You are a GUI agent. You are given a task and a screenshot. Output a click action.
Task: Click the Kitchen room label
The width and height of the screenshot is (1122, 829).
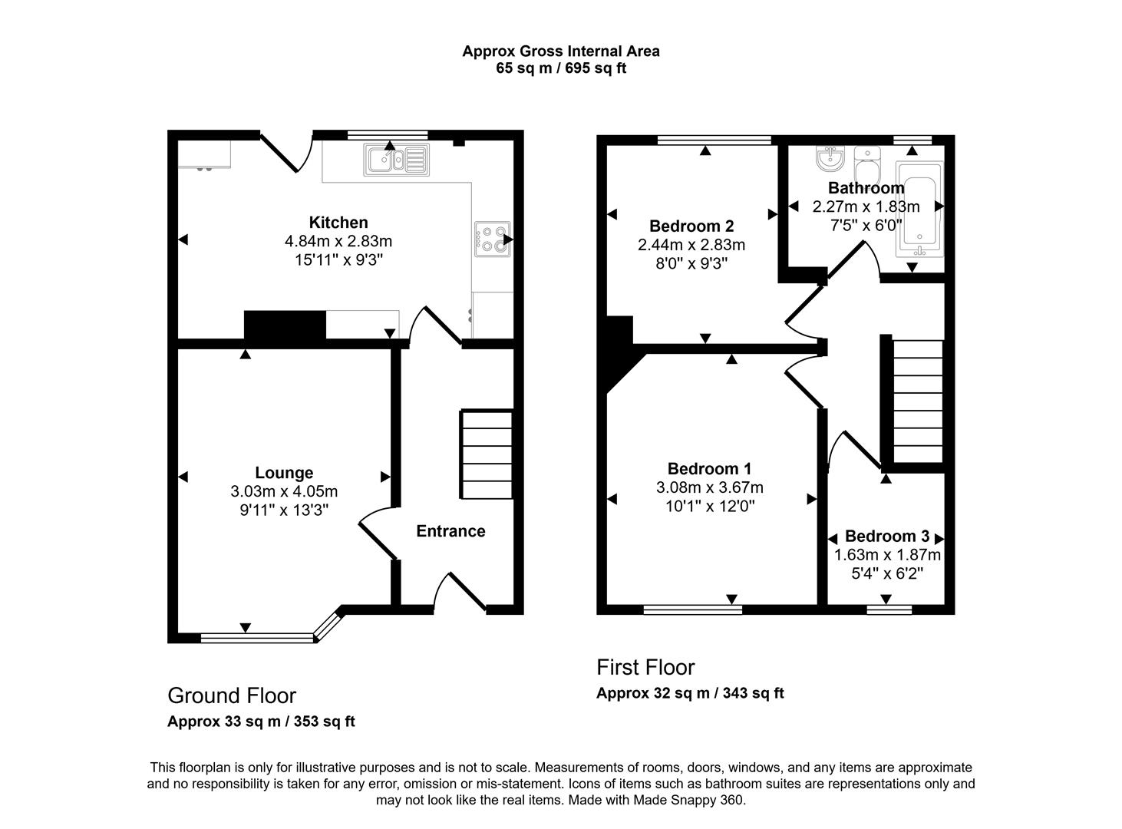[338, 223]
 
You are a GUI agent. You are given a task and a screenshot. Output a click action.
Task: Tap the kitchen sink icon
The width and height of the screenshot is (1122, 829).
[396, 160]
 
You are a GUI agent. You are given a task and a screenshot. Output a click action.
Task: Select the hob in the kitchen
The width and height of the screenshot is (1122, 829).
[492, 238]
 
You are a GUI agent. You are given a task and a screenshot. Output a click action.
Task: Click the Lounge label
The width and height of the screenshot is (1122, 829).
[284, 473]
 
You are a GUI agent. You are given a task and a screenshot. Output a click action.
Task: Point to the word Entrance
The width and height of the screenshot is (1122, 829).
[450, 531]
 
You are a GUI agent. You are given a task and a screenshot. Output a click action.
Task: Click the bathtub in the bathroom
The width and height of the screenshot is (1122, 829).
[919, 209]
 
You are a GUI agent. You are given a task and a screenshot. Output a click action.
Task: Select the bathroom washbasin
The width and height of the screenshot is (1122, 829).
[830, 159]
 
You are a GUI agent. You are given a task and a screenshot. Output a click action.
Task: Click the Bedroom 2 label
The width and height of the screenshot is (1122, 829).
[691, 226]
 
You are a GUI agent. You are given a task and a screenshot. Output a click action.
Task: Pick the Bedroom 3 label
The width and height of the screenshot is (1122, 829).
[886, 536]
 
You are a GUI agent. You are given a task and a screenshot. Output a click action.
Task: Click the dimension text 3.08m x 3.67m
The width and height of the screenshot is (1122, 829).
[710, 487]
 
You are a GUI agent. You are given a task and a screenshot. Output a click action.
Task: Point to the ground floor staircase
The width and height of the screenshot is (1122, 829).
[487, 455]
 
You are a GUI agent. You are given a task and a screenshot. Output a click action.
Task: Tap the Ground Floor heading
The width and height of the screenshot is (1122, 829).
[232, 695]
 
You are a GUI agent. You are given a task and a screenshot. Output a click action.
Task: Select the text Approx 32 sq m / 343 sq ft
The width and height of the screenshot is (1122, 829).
[690, 693]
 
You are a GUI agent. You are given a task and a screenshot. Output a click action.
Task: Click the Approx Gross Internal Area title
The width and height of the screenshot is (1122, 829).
[560, 51]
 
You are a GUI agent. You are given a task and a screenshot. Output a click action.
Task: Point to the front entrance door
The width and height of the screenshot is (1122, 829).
[460, 593]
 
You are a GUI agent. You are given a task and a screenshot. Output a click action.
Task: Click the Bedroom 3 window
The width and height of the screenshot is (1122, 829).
[889, 609]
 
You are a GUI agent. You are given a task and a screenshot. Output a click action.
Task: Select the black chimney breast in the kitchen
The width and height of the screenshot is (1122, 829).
[285, 325]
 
